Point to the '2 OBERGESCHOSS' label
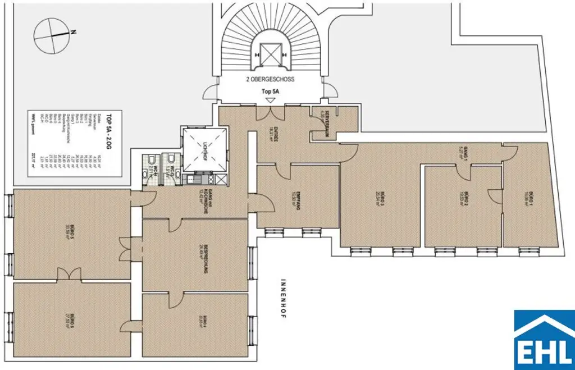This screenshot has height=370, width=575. point(270,79)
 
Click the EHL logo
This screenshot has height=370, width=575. point(544,339)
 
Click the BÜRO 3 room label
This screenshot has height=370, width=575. point(381,199)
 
